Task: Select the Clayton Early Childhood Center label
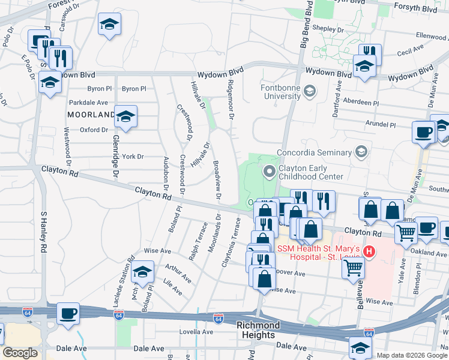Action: coord(310,172)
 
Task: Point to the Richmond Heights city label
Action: coord(258,329)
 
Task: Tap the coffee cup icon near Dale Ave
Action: coord(68,313)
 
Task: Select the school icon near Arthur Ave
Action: coord(142,273)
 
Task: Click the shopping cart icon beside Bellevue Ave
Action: coord(353,267)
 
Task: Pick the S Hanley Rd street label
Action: coord(43,235)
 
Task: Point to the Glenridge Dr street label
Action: coord(109,155)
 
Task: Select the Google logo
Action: coord(20,353)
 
